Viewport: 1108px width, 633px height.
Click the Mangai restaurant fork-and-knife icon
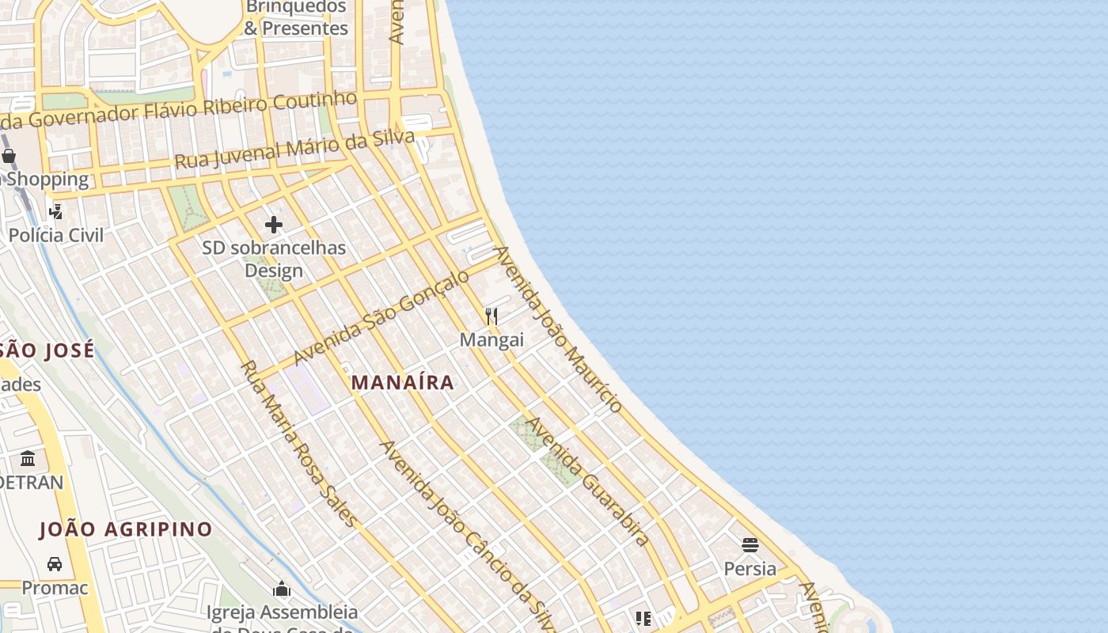[x=491, y=316]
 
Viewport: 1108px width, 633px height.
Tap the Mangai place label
[x=491, y=340]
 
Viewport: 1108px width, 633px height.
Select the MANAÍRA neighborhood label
[x=403, y=383]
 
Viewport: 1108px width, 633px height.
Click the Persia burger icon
[x=750, y=544]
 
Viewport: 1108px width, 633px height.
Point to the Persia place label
[x=750, y=568]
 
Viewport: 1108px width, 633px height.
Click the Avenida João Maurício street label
[x=557, y=329]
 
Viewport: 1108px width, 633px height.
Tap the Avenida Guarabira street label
[x=587, y=481]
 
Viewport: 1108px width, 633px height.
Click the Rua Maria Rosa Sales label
[x=298, y=444]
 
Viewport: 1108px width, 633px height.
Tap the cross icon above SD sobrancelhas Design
[x=274, y=225]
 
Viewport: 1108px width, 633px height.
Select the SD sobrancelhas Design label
[x=274, y=259]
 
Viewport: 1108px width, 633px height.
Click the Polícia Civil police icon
[x=55, y=211]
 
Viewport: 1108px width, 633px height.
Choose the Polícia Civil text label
[x=56, y=235]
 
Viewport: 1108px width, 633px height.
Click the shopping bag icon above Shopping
[x=9, y=156]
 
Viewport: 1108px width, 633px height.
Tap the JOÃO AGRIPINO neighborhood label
[x=126, y=529]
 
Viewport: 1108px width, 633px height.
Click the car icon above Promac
[x=55, y=564]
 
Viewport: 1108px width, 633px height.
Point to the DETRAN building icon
[x=28, y=459]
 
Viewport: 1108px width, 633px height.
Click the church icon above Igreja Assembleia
[x=282, y=589]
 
